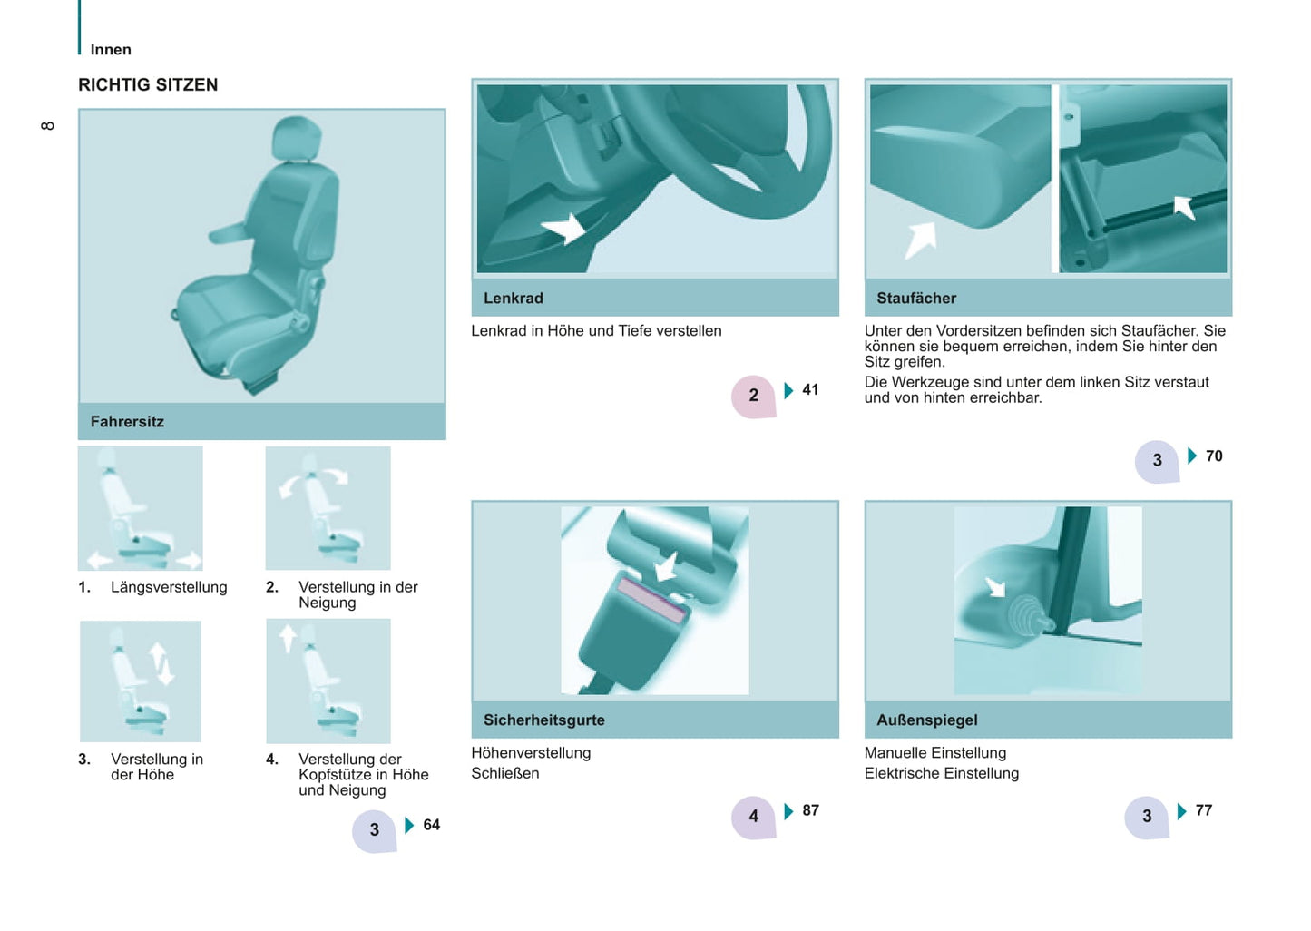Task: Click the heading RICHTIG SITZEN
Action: tap(148, 85)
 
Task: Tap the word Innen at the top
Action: tap(111, 50)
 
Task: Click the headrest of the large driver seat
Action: tap(298, 138)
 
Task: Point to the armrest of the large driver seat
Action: tap(230, 232)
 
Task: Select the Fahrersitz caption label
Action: tap(127, 422)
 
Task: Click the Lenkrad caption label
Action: tap(514, 298)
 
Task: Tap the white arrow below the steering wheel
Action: tap(563, 228)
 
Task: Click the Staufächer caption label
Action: tap(916, 298)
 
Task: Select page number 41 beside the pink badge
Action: tap(810, 389)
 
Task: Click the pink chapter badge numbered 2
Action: tap(754, 397)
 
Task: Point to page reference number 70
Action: tap(1214, 456)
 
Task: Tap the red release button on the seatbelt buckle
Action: tap(652, 600)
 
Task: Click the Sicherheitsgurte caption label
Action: tap(543, 720)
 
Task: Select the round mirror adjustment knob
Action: tap(1025, 617)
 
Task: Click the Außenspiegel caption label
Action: tap(927, 720)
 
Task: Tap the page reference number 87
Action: tap(810, 809)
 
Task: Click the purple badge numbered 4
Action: tap(754, 818)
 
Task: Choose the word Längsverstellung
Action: tap(169, 587)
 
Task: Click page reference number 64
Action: tap(431, 825)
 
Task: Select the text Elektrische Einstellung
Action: tap(942, 773)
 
